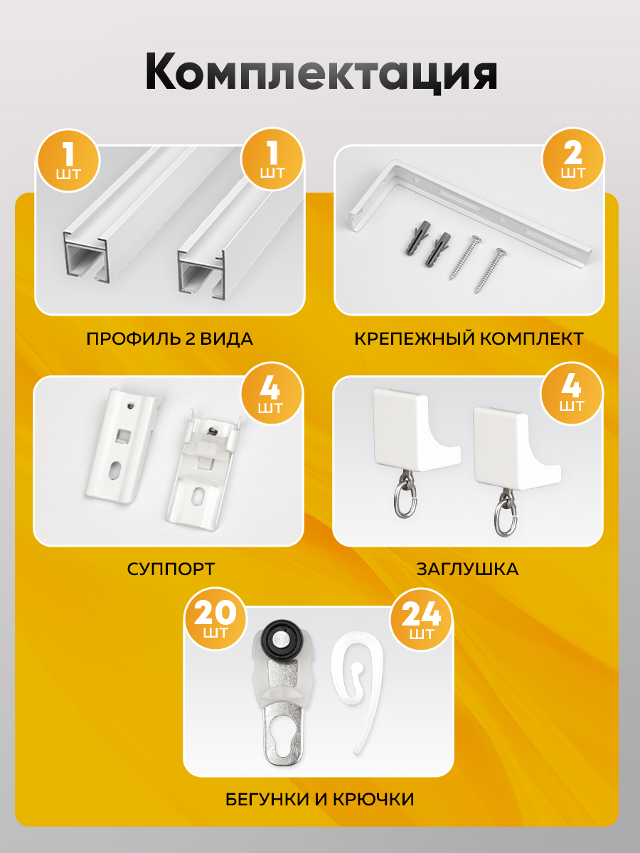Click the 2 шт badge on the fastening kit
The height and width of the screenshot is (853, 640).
pos(572,159)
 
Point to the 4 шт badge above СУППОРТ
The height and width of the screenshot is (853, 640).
pos(272,394)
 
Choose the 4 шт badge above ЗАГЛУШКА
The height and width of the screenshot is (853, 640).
pos(572,393)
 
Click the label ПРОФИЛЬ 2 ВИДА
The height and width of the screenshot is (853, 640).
pos(169,339)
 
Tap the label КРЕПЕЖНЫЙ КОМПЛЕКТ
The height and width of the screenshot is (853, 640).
pos(469,339)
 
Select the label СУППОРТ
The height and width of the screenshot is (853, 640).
pos(171,569)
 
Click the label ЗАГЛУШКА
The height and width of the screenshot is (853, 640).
pos(467,569)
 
